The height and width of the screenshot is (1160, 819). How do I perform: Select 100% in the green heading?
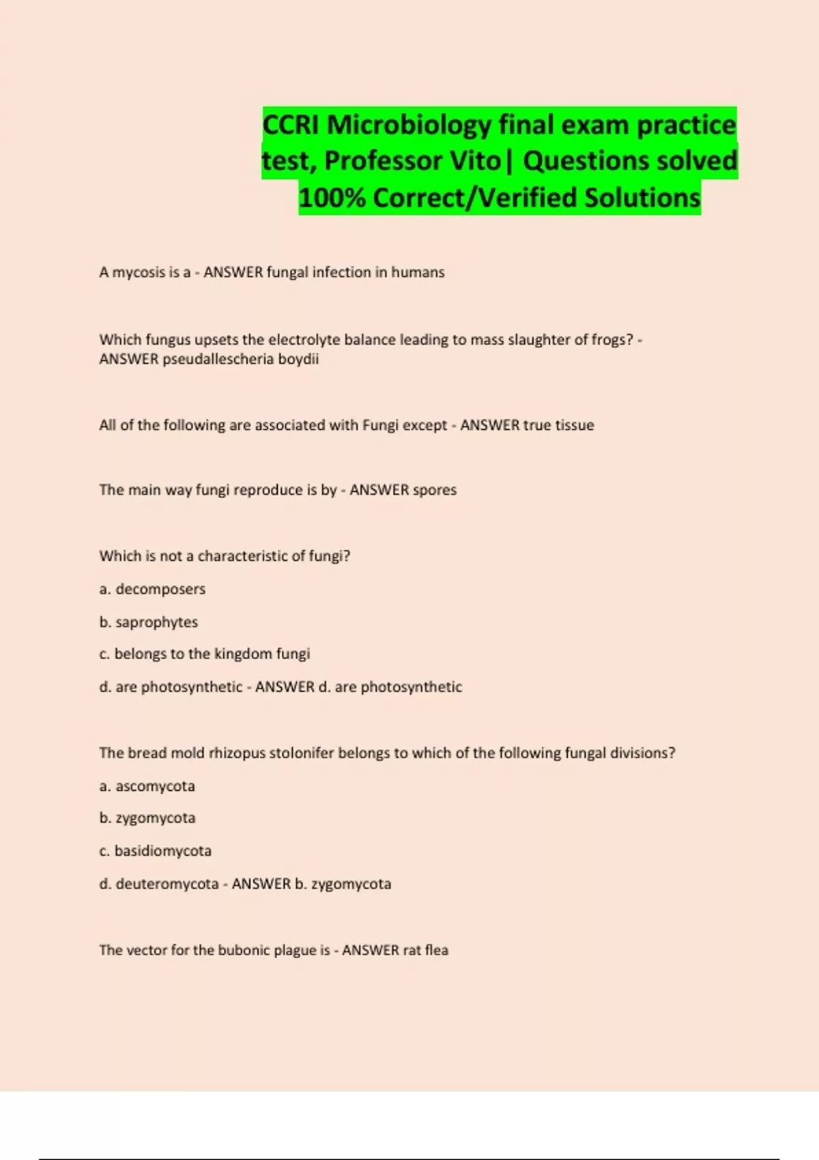[331, 198]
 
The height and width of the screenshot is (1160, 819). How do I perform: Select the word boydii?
[298, 359]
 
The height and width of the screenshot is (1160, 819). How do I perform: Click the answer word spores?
[435, 490]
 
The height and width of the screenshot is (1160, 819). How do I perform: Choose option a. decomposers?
[152, 589]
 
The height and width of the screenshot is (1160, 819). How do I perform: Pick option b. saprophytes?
[149, 622]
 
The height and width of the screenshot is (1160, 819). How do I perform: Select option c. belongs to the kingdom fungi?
[205, 654]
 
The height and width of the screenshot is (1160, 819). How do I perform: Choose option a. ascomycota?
[147, 786]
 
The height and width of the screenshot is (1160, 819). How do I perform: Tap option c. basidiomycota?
[156, 851]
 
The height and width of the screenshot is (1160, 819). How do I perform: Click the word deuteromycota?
[167, 884]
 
